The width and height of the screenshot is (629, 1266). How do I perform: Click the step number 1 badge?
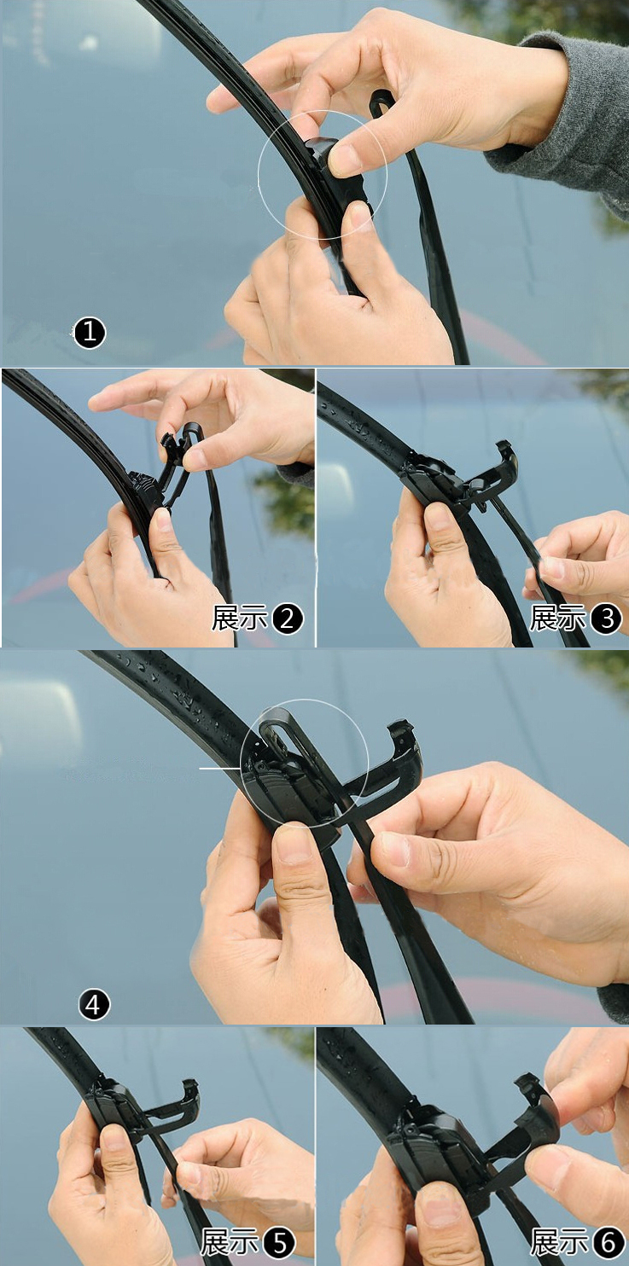90,333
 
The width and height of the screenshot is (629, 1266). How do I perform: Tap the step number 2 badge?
288,618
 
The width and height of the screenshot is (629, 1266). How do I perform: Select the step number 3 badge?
606,618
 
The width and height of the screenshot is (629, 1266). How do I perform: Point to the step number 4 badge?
94,1005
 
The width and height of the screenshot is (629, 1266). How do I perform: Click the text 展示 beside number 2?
239,618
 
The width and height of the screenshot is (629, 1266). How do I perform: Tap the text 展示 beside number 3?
557,618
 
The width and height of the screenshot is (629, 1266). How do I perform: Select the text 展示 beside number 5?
229,1243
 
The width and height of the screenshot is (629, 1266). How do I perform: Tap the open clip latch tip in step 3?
505,452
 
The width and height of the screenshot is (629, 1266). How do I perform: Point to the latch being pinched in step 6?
538,1107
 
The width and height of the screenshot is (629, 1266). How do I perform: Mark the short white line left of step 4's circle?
220,769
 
